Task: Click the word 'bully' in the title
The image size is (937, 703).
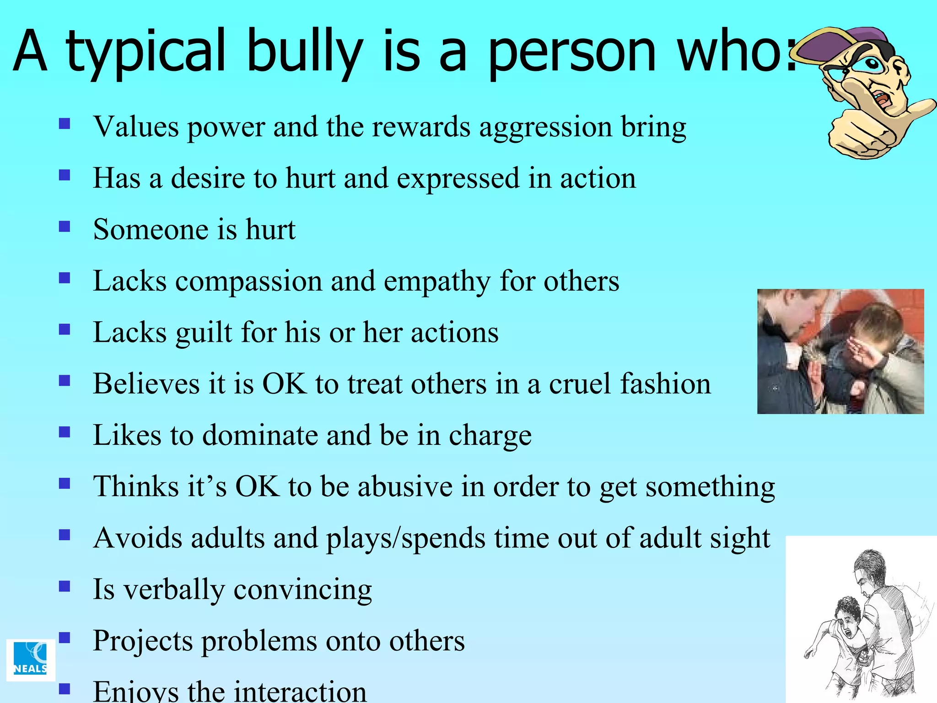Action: click(305, 51)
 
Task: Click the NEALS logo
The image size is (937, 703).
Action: click(31, 660)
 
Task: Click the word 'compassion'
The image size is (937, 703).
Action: click(248, 281)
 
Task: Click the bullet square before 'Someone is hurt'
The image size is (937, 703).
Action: click(65, 227)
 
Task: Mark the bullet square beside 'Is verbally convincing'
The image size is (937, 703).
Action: click(65, 586)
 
